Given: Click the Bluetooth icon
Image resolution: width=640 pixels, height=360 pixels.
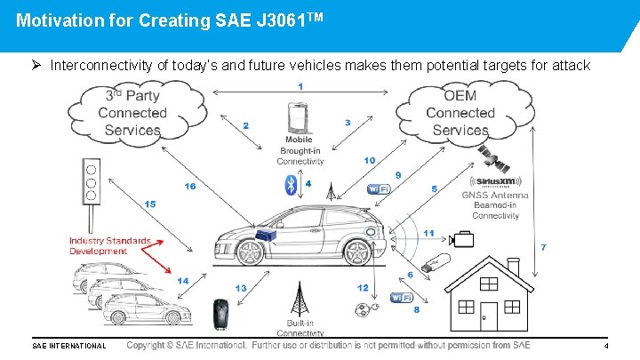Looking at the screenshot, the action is [289, 184].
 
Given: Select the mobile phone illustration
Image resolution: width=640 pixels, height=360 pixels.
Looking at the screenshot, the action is [299, 119].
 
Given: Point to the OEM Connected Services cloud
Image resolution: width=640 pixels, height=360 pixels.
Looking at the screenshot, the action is [460, 113].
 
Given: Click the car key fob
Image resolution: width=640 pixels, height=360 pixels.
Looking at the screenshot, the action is [219, 313].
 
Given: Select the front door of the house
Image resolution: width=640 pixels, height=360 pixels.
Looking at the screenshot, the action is [488, 316].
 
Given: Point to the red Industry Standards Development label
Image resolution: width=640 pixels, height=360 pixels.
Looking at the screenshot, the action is [110, 245].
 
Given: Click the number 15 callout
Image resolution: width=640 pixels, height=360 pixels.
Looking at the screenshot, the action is [149, 204].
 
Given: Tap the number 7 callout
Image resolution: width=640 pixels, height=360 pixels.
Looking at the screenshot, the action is [544, 245].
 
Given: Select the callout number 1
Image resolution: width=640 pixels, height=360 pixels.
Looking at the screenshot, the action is [300, 86].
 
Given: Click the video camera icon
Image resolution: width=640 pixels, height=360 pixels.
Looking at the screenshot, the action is [462, 238].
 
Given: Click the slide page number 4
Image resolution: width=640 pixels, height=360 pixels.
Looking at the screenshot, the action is [605, 345].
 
